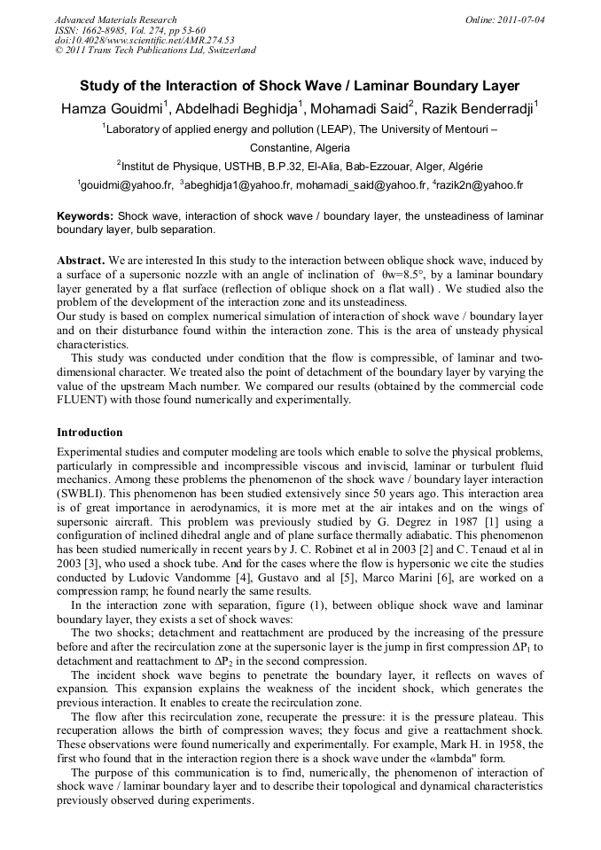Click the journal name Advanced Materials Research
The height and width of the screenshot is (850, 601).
coord(115,19)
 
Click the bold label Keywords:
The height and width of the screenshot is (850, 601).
coord(85,216)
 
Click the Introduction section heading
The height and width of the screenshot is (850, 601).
coord(90,433)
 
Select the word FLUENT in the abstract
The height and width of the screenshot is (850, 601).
coord(84,400)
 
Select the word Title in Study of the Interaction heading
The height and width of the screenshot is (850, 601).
coord(300,86)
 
